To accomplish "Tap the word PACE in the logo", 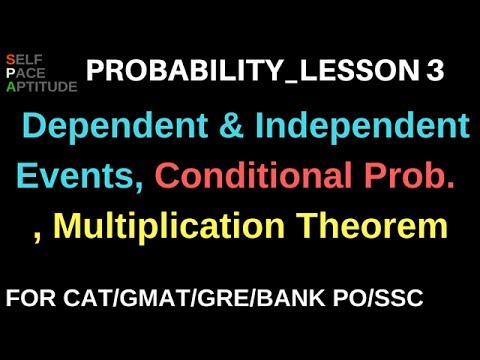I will pos(21,73).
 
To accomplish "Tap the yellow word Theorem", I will pos(371,227).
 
